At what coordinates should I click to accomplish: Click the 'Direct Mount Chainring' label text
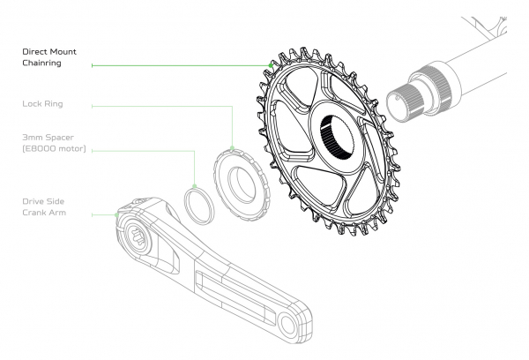[x=49, y=57]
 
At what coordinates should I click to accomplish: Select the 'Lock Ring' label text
[x=42, y=104]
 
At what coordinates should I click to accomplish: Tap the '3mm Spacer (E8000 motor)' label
[x=54, y=143]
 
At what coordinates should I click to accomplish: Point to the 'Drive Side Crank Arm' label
[x=44, y=206]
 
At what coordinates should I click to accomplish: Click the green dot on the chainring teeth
[x=271, y=65]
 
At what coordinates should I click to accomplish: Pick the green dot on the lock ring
[x=232, y=148]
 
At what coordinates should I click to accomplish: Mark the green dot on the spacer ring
[x=194, y=186]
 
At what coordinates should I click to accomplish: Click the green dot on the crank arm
[x=116, y=214]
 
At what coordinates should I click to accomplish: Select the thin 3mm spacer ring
[x=199, y=206]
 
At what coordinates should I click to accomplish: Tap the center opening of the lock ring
[x=242, y=184]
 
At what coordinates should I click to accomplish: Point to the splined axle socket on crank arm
[x=138, y=236]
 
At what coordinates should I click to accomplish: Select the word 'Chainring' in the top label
[x=41, y=63]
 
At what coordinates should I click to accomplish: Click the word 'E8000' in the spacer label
[x=41, y=148]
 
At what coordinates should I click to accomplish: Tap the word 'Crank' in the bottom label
[x=33, y=213]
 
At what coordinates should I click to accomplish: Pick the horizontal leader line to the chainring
[x=181, y=65]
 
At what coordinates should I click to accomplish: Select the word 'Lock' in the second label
[x=32, y=104]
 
